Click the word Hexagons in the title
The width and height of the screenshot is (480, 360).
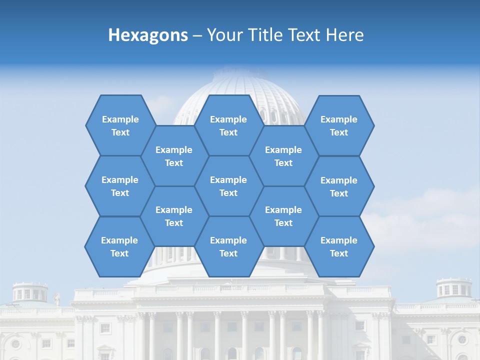tap(148, 35)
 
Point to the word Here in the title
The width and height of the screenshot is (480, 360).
tap(344, 35)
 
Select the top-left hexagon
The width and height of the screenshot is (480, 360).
tap(120, 125)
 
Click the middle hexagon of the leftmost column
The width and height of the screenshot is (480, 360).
tap(120, 186)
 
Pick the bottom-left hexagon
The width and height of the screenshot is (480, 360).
tap(119, 246)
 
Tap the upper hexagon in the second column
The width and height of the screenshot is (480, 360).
tap(174, 156)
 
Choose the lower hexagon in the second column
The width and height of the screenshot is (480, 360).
tap(174, 216)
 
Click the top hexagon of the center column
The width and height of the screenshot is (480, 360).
tap(228, 125)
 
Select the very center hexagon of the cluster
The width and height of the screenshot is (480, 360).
tap(228, 186)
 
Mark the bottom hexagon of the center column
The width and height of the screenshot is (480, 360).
tap(228, 246)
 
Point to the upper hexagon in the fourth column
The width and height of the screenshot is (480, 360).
tap(283, 156)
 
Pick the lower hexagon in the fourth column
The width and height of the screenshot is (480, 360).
tap(283, 216)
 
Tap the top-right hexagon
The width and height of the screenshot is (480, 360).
tap(339, 125)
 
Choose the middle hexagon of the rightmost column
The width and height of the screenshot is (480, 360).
tap(339, 186)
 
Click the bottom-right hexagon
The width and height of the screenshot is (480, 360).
tap(339, 246)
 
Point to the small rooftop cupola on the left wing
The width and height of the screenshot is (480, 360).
tap(29, 292)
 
